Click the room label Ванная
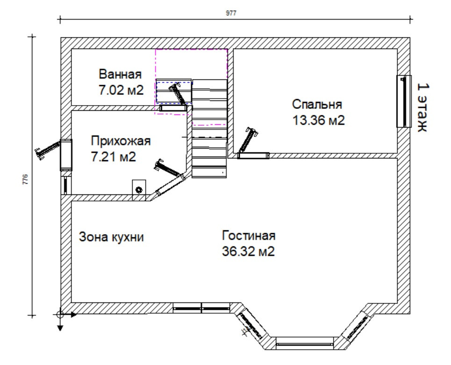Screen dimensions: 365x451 tap(120, 74)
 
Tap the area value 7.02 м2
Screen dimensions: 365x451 tap(120, 90)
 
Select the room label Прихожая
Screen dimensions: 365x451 tap(121, 141)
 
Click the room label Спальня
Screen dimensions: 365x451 tap(317, 104)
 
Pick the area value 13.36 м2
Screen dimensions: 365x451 tap(318, 120)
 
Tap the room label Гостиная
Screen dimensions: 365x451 tap(249, 235)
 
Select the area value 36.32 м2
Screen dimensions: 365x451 tap(248, 251)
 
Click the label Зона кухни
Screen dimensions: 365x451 tap(111, 237)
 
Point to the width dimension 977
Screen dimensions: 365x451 tap(231, 13)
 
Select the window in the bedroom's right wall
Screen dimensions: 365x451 tap(402, 101)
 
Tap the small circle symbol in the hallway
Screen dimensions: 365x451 tap(139, 190)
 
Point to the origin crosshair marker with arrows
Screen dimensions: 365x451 tap(60, 315)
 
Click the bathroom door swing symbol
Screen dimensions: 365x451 tap(179, 93)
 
